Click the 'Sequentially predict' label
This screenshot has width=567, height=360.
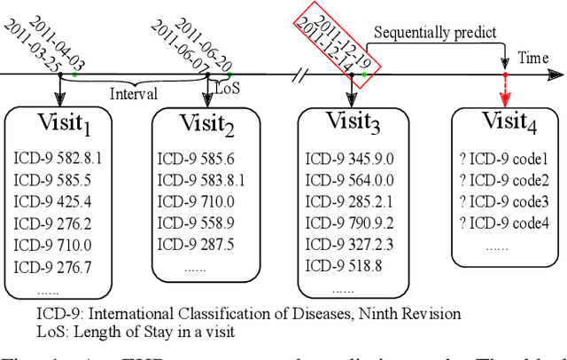(434, 33)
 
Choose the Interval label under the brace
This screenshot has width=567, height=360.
(134, 93)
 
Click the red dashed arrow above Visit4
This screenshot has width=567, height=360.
(504, 89)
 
